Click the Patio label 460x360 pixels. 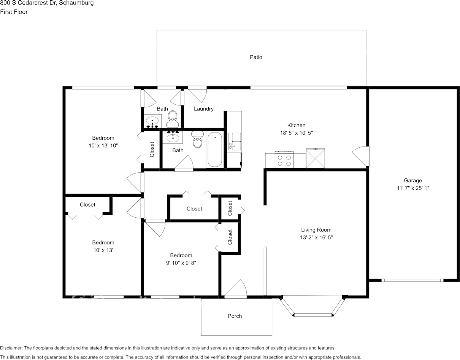[x=256, y=57]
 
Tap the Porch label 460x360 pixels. [x=235, y=316]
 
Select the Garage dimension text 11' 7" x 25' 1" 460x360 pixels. [x=413, y=188]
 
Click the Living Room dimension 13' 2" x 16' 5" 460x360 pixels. [x=316, y=237]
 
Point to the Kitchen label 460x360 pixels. [x=296, y=125]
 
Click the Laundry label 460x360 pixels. [x=204, y=109]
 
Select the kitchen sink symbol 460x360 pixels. [x=235, y=141]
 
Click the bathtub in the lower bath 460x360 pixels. [x=215, y=150]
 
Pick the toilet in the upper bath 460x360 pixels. [x=173, y=119]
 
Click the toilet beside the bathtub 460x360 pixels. [x=198, y=139]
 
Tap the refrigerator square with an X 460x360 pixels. [x=316, y=158]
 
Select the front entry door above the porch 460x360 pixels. [x=235, y=289]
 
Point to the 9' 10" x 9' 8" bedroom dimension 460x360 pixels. [x=181, y=263]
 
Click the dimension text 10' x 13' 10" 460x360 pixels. [x=103, y=145]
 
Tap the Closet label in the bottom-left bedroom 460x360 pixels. [x=87, y=204]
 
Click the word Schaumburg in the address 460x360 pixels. [x=76, y=3]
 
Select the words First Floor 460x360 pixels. [x=14, y=12]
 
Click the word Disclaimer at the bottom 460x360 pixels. [x=11, y=348]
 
